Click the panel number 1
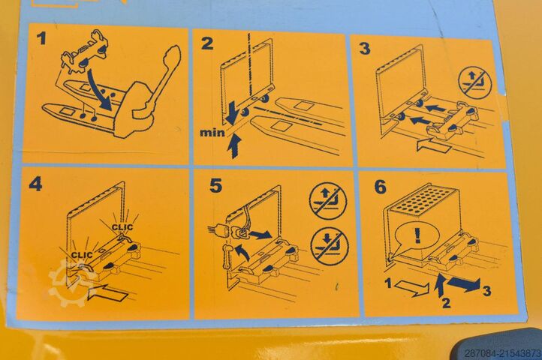pyautogui.click(x=41, y=38)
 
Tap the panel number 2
pyautogui.click(x=207, y=43)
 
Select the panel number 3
pyautogui.click(x=365, y=48)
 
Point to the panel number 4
pyautogui.click(x=35, y=184)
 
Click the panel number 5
pyautogui.click(x=215, y=185)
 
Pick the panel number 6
pyautogui.click(x=381, y=187)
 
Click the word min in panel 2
pyautogui.click(x=212, y=132)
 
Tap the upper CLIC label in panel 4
pyautogui.click(x=122, y=227)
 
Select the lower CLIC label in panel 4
pyautogui.click(x=82, y=255)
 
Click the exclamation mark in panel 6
pyautogui.click(x=417, y=235)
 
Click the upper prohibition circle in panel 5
pyautogui.click(x=328, y=201)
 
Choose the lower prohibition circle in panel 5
pyautogui.click(x=330, y=246)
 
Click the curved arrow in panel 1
pyautogui.click(x=98, y=90)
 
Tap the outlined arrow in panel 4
pyautogui.click(x=108, y=293)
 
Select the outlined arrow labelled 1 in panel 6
pyautogui.click(x=411, y=288)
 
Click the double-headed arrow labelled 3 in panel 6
pyautogui.click(x=463, y=283)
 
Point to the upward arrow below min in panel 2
pyautogui.click(x=235, y=145)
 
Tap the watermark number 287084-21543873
pyautogui.click(x=503, y=353)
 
